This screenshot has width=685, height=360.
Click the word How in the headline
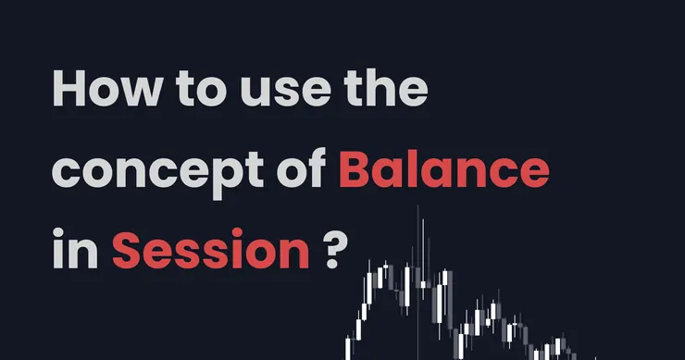107,89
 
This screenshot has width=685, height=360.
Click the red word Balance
443,169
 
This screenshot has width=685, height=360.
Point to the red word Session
211,249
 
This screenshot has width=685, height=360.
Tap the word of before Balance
302,168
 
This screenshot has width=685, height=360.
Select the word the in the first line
386,89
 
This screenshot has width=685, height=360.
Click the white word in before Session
75,248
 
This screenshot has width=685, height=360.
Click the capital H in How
68,89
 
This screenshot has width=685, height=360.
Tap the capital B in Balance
356,169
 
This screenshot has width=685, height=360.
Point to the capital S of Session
127,249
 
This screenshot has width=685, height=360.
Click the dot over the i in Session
237,233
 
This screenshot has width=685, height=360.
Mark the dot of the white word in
58,233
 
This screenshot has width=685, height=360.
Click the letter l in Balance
414,168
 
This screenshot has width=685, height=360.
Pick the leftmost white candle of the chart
348,348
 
